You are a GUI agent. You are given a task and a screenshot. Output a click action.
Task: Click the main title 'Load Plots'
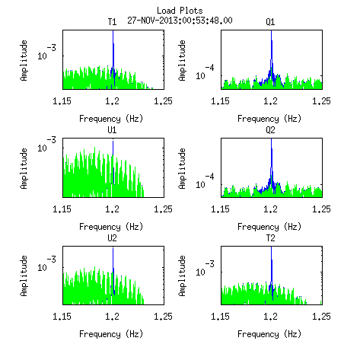coord(180,11)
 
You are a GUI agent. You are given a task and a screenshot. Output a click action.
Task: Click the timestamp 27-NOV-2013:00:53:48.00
coord(180,21)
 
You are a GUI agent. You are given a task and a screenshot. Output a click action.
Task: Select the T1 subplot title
coord(112,22)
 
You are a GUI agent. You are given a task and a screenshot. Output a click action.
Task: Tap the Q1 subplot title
coord(270,22)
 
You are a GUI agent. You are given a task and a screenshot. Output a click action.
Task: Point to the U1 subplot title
coord(112,130)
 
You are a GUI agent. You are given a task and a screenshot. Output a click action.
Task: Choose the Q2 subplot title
coord(270,130)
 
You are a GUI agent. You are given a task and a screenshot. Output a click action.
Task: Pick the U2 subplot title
coord(112,238)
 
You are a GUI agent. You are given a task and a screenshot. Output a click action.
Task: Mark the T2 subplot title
coord(270,238)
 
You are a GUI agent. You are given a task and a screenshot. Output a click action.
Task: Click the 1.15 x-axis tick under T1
coord(62,101)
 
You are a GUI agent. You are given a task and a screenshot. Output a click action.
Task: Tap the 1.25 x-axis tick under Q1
coord(321,101)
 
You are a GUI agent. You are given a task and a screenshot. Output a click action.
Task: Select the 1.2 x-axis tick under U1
coord(112,209)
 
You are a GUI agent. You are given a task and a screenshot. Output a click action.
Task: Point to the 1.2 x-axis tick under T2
coord(270,317)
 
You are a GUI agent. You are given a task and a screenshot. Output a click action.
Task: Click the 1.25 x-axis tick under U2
coord(163,317)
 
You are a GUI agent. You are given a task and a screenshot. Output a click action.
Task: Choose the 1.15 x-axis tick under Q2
coord(220,209)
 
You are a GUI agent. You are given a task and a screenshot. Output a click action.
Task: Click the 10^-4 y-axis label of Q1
coord(205,72)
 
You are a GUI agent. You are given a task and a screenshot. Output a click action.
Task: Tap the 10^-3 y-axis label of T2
coord(205,269)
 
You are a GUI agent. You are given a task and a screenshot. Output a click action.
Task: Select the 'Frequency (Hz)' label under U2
coord(111,334)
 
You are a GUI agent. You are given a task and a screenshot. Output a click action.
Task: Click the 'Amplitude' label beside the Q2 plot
coord(182,168)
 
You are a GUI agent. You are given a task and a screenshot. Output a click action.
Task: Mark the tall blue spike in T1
coord(113,59)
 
